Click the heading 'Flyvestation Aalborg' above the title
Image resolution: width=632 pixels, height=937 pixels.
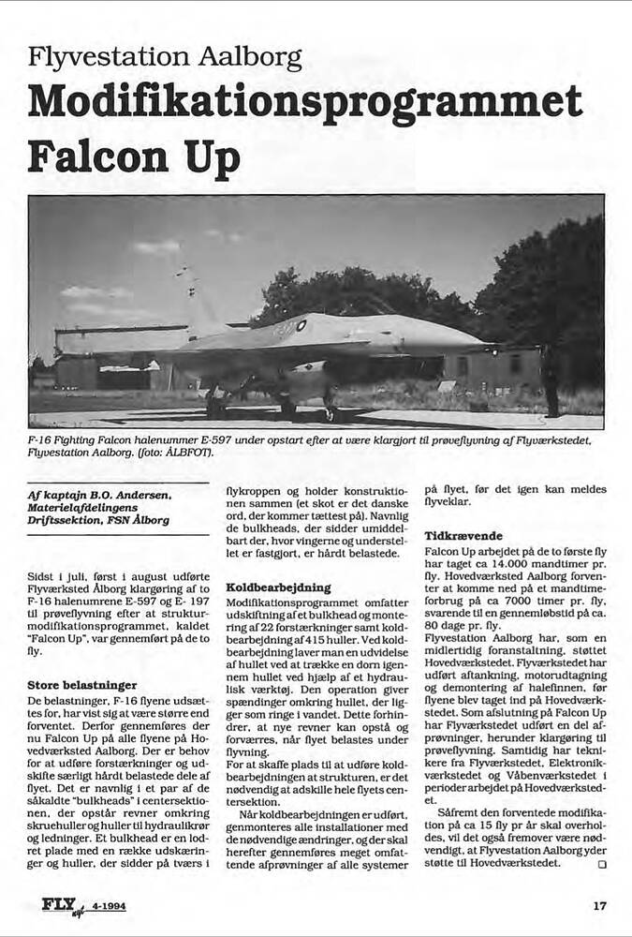[164, 58]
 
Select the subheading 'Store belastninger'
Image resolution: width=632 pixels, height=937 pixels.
[82, 685]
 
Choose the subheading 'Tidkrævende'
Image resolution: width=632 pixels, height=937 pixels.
[463, 535]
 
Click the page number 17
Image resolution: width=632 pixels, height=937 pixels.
[600, 906]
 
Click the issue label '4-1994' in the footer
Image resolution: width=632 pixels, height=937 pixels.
[110, 907]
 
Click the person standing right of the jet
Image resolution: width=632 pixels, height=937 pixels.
[551, 379]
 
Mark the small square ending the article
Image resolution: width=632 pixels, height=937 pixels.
[601, 863]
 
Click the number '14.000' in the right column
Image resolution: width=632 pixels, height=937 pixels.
[514, 567]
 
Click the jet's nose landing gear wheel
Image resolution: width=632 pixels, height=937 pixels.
[330, 412]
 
